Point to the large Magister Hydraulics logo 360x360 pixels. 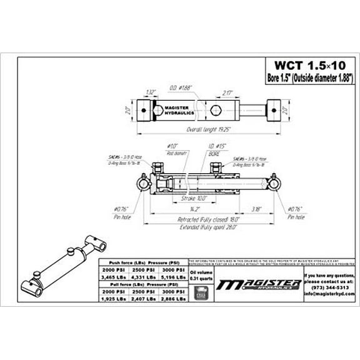tap(257, 285)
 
